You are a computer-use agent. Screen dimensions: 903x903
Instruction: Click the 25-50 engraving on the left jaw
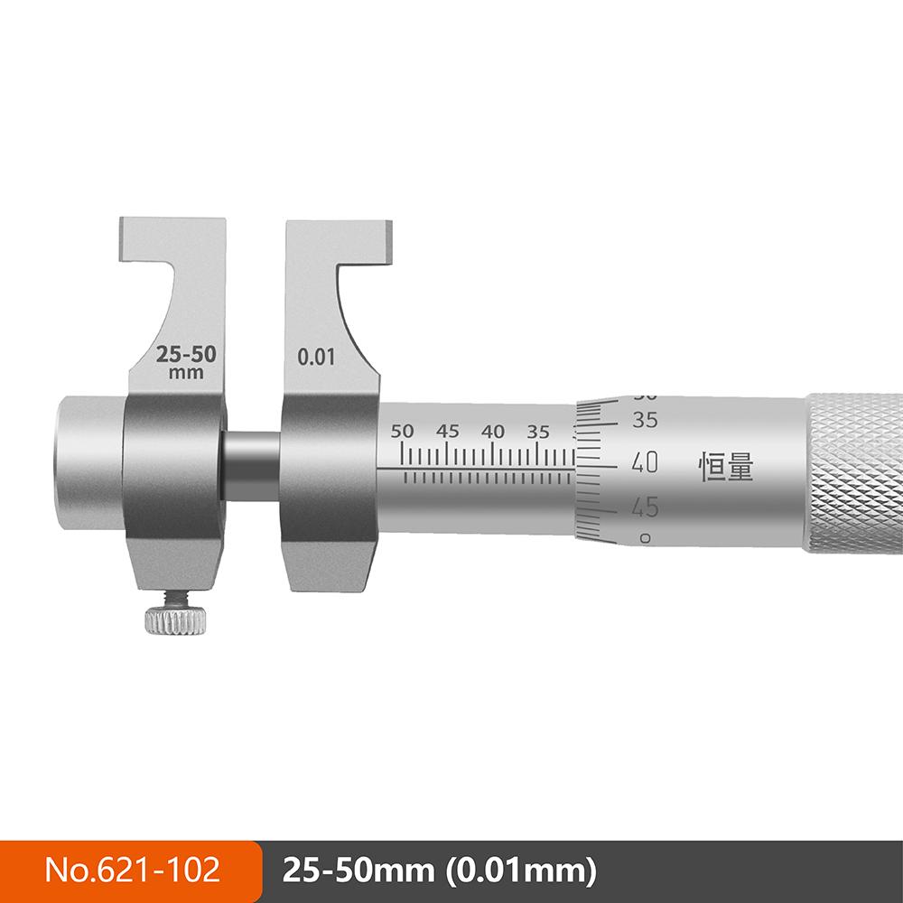click(x=186, y=354)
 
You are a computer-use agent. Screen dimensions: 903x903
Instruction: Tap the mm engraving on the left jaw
click(x=186, y=373)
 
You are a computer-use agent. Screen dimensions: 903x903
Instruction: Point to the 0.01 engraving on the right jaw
click(x=315, y=357)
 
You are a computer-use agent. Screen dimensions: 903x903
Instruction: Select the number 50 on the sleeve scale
click(x=402, y=432)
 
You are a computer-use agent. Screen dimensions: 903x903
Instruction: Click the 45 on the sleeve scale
click(x=448, y=432)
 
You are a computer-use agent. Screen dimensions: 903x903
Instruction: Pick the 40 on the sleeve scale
click(x=493, y=432)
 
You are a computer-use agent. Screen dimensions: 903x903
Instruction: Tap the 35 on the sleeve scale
click(x=538, y=432)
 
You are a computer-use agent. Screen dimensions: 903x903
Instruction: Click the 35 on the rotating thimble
click(x=645, y=420)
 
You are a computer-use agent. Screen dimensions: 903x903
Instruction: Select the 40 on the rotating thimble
click(x=645, y=462)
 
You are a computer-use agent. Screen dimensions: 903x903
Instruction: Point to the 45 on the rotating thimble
click(x=645, y=507)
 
